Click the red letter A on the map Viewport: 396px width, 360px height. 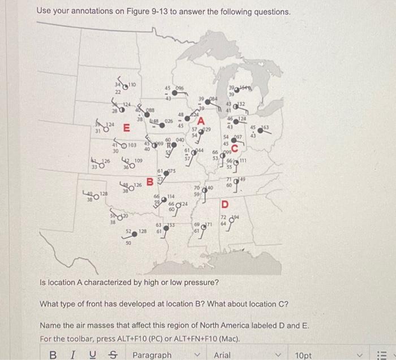[x=201, y=120]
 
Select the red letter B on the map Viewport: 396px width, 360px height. [x=150, y=182]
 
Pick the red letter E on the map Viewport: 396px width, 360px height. [x=127, y=127]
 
